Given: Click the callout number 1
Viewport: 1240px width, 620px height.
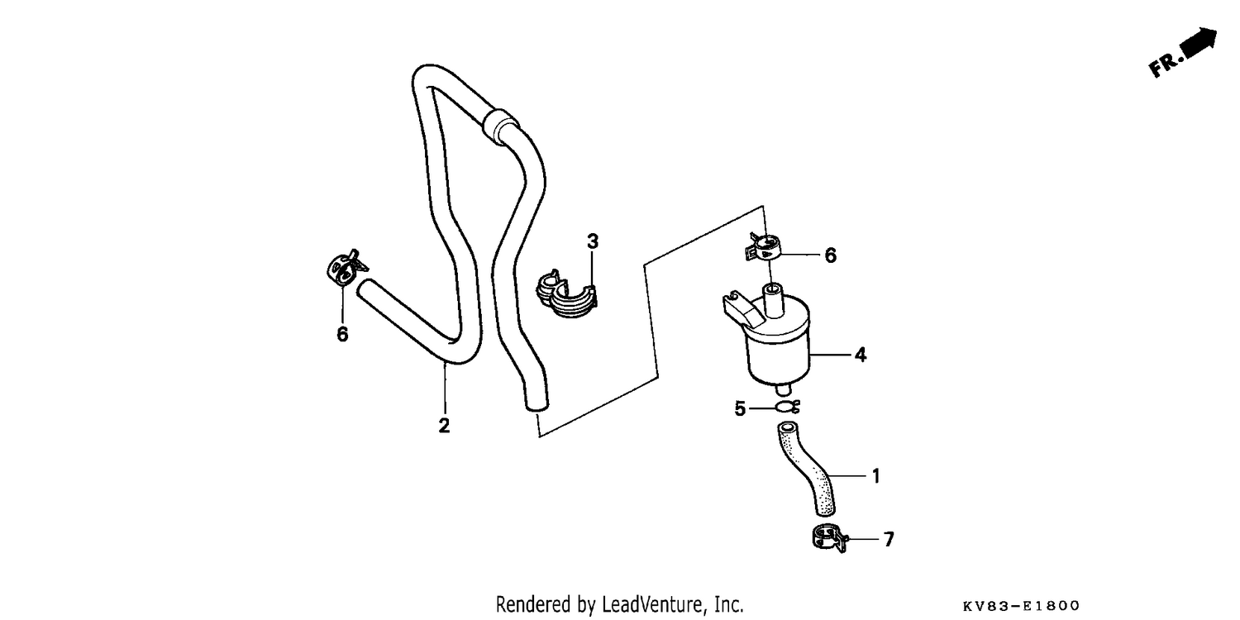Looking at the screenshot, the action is tap(875, 476).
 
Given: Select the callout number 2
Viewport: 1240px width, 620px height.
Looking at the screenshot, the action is tap(444, 425).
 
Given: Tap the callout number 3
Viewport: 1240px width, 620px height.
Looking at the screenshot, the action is tap(593, 241).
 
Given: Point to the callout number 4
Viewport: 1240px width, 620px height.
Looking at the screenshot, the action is tap(860, 355).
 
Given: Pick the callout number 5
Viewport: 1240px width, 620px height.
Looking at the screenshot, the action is tap(740, 408).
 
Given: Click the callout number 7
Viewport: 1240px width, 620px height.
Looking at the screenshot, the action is tap(889, 539).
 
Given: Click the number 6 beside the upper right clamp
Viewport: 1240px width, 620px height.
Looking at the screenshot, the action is tap(830, 255).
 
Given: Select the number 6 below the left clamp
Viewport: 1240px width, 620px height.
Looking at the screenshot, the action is tap(343, 334).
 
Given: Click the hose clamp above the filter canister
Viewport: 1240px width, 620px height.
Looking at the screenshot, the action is tap(762, 246).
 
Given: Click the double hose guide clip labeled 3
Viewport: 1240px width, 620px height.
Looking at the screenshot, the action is tap(566, 294).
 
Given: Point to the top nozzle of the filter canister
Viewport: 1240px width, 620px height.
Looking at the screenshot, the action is tap(773, 299).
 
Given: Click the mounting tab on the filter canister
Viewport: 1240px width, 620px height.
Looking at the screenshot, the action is tap(742, 308).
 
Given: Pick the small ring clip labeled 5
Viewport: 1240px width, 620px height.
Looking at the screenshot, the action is tap(787, 408).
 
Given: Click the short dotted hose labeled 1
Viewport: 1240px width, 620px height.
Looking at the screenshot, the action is tap(807, 469).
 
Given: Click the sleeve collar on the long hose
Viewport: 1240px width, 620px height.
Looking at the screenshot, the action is tap(500, 125).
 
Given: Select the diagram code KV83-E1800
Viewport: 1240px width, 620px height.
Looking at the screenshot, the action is tap(1021, 606).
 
